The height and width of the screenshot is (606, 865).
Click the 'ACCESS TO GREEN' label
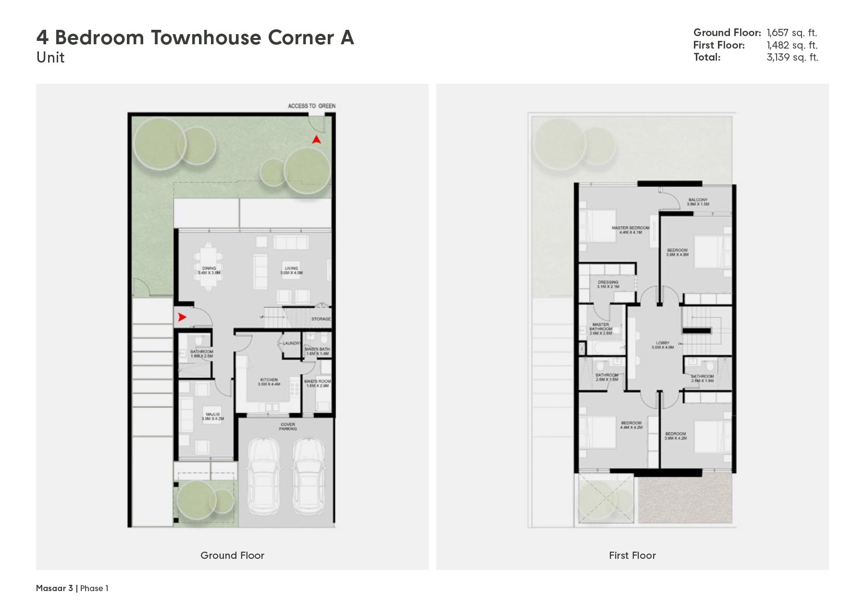pos(311,106)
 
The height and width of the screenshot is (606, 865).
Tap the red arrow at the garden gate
pos(316,139)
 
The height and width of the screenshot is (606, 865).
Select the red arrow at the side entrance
pos(182,317)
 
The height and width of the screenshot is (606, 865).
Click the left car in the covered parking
pos(263,476)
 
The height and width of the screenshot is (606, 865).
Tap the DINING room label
pos(209,270)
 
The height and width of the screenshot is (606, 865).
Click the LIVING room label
pos(291,270)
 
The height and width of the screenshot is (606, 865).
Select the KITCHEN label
pos(269,382)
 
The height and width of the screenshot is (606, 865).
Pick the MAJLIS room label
pos(212,416)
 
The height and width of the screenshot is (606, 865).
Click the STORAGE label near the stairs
pos(321,319)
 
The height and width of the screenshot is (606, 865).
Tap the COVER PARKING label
pos(288,426)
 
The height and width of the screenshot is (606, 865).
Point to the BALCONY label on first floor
pos(698,202)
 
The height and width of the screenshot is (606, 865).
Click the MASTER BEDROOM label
pos(630,230)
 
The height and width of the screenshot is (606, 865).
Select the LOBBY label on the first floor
pos(662,345)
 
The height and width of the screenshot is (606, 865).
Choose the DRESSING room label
pos(608,284)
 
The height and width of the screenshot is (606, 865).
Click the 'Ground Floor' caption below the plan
pos(232,555)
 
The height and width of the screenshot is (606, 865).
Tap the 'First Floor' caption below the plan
pos(632,555)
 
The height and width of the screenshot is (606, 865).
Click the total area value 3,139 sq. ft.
pos(792,57)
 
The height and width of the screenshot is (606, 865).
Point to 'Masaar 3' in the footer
pos(54,588)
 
